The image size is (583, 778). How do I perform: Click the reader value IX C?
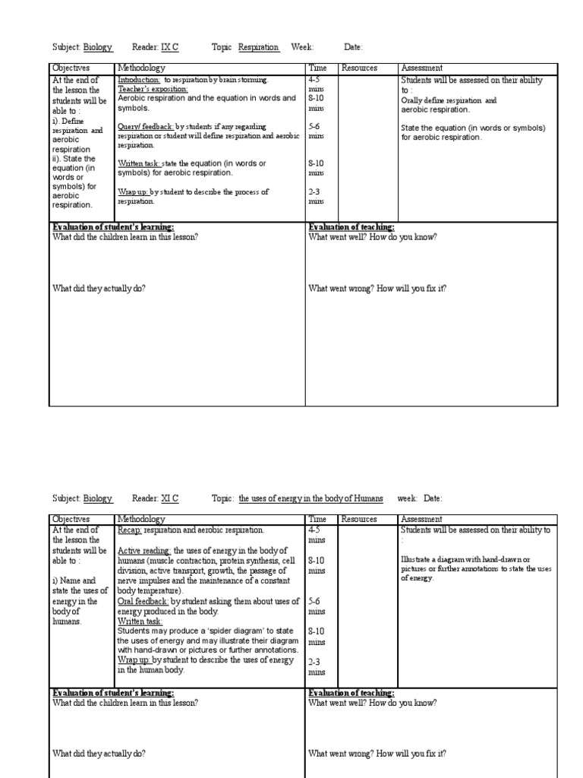pyautogui.click(x=170, y=47)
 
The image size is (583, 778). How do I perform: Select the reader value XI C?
pyautogui.click(x=170, y=498)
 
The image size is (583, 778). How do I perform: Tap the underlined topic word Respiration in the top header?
pyautogui.click(x=259, y=47)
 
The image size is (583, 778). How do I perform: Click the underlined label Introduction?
pyautogui.click(x=139, y=80)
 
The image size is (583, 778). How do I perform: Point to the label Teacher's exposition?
pyautogui.click(x=153, y=89)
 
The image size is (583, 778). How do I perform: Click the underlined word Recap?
pyautogui.click(x=130, y=530)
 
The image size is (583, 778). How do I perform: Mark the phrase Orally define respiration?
pyautogui.click(x=441, y=100)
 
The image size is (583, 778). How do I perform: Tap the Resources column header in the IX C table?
pyautogui.click(x=359, y=68)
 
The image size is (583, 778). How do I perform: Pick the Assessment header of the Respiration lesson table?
pyautogui.click(x=421, y=68)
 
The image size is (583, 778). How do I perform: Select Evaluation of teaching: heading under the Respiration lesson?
pyautogui.click(x=351, y=226)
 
